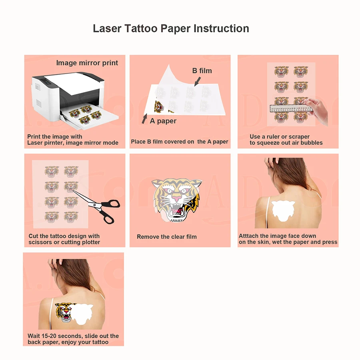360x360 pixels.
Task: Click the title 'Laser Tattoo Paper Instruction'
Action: (171, 29)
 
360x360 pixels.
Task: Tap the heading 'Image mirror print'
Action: (87, 63)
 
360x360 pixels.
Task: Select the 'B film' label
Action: (202, 71)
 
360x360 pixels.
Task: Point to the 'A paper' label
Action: (163, 121)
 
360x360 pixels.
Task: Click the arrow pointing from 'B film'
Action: (198, 82)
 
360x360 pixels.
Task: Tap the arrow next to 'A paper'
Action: (144, 119)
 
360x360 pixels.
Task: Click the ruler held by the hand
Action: (291, 108)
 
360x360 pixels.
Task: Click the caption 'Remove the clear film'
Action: (167, 237)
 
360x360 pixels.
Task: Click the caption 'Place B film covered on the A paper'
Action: (180, 142)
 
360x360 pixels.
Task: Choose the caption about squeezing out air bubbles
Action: (286, 140)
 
